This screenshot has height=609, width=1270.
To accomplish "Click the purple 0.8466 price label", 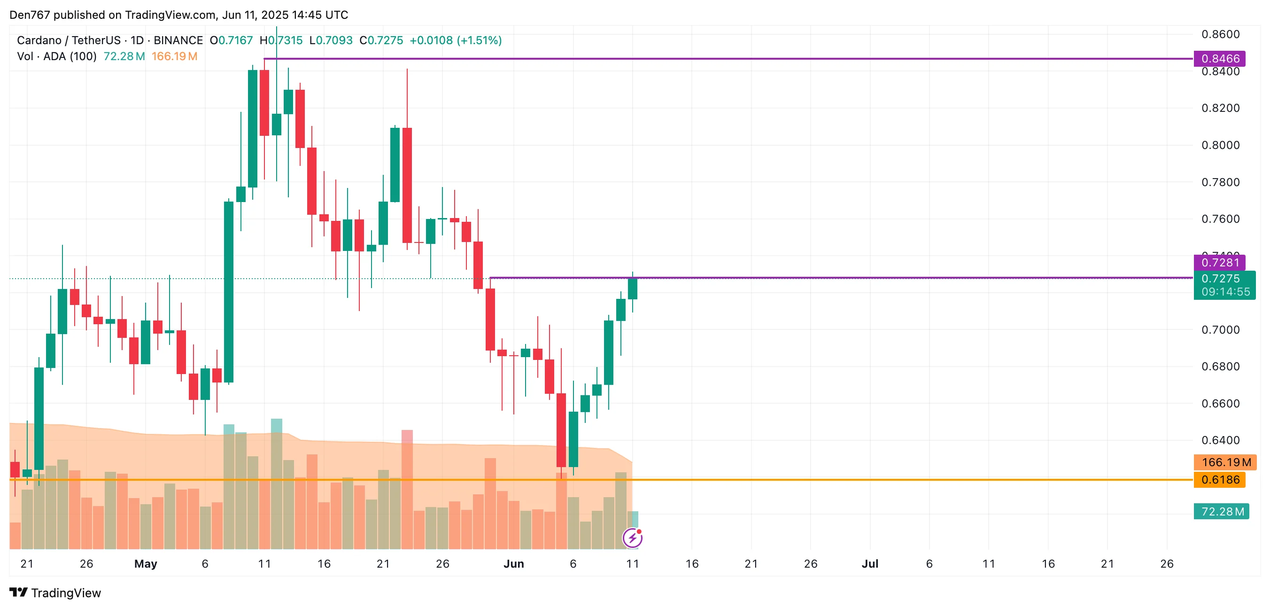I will [1219, 58].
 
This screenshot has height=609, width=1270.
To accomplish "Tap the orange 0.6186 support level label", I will [1219, 480].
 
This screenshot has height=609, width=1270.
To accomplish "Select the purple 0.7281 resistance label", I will [1219, 262].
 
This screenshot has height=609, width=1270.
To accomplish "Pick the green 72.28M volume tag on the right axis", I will [1221, 511].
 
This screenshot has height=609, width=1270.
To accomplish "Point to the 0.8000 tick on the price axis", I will [1220, 145].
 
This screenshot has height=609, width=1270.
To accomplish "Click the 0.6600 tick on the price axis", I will [1220, 403].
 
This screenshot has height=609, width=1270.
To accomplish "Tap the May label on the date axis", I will [146, 563].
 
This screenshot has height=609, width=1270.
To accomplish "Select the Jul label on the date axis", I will [870, 563].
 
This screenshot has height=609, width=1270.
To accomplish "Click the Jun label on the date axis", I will [513, 563].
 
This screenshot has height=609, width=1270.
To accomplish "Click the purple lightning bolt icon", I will [632, 538].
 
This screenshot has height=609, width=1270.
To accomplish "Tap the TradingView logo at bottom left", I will [55, 592].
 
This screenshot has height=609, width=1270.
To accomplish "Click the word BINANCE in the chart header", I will [178, 40].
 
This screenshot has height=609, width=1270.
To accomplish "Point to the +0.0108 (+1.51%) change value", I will [456, 40].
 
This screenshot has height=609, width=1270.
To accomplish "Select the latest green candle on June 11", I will [633, 289].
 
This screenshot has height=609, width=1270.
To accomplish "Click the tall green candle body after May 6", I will [229, 291].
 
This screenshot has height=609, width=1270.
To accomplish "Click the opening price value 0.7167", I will [235, 40].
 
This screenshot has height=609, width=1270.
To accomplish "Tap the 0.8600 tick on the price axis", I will [1220, 34].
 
